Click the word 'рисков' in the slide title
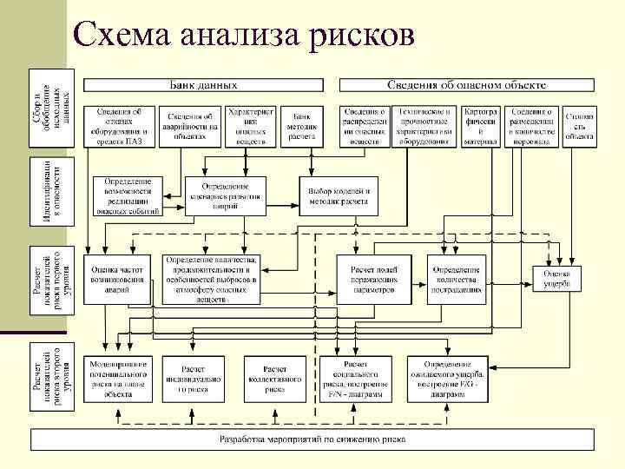[360, 34]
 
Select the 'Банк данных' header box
[203, 85]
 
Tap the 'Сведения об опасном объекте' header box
[465, 85]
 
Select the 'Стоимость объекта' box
[579, 127]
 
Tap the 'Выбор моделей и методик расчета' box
[339, 197]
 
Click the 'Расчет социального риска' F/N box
[360, 379]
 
